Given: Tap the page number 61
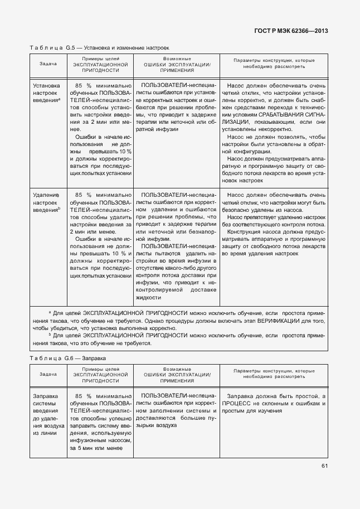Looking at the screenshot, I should [324, 467].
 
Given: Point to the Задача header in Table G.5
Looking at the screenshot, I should [48, 64].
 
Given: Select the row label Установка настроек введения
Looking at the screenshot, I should [46, 93].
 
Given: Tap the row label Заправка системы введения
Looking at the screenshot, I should [45, 414].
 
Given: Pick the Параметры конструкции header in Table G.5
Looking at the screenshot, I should [273, 64].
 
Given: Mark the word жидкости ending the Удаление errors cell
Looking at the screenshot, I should [148, 298].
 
